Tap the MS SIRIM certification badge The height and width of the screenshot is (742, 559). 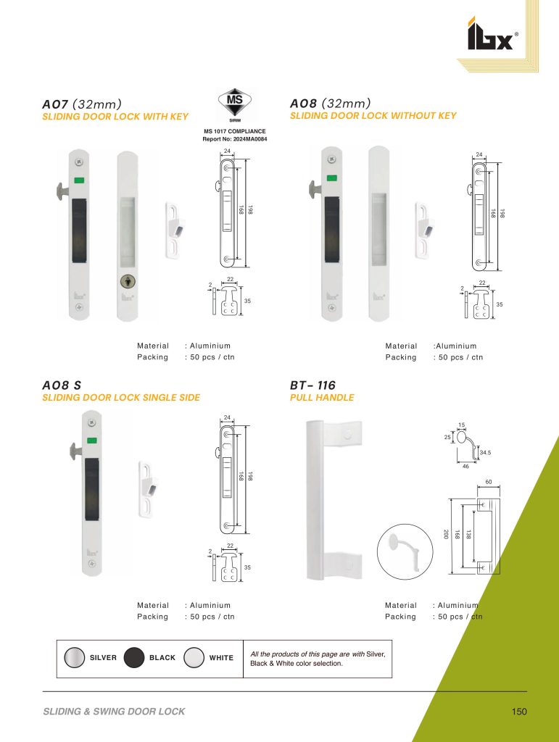[x=235, y=104]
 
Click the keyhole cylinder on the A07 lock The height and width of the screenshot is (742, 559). [x=127, y=282]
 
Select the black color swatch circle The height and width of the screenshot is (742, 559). [x=134, y=658]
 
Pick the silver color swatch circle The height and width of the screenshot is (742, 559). [x=74, y=658]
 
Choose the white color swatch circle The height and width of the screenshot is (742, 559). [x=194, y=658]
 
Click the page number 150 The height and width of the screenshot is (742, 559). [x=519, y=712]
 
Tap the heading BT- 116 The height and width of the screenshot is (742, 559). [x=312, y=385]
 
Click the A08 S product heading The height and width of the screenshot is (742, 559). [x=62, y=385]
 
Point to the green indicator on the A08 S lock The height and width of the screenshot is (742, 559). [x=92, y=441]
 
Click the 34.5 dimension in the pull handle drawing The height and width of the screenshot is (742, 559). [x=485, y=453]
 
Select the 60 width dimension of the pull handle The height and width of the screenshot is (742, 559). [x=489, y=482]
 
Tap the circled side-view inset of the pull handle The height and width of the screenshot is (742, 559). [x=405, y=551]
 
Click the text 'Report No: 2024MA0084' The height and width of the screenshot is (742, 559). [x=235, y=139]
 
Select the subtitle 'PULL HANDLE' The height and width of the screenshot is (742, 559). [x=322, y=398]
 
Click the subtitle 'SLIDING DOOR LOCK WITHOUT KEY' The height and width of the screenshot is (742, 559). [x=373, y=115]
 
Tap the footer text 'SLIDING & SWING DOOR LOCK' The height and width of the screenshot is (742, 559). [x=114, y=712]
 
